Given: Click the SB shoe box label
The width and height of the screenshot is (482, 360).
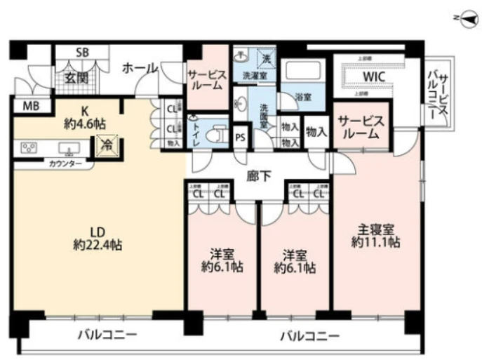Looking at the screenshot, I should click(81, 53).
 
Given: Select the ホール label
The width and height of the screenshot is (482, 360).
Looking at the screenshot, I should click(140, 68).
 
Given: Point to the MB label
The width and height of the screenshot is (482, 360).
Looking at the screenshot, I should click(30, 107).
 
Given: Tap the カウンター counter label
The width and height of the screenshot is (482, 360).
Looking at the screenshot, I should click(65, 164).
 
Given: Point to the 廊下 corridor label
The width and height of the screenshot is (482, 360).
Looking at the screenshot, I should click(259, 176).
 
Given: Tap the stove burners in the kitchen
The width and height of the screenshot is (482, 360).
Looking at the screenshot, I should click(29, 147).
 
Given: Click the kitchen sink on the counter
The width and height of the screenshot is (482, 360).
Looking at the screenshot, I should click(69, 147).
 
